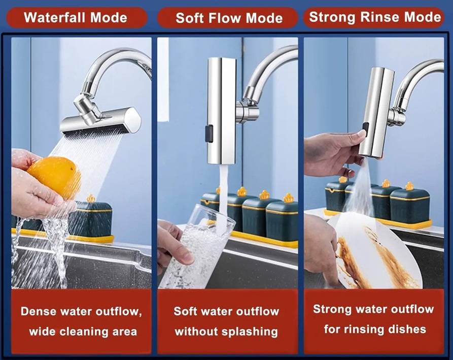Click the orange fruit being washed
54,176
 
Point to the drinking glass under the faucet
196,246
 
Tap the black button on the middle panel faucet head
209,134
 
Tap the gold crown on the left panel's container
91,198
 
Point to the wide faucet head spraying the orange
101,121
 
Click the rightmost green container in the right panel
410,205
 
